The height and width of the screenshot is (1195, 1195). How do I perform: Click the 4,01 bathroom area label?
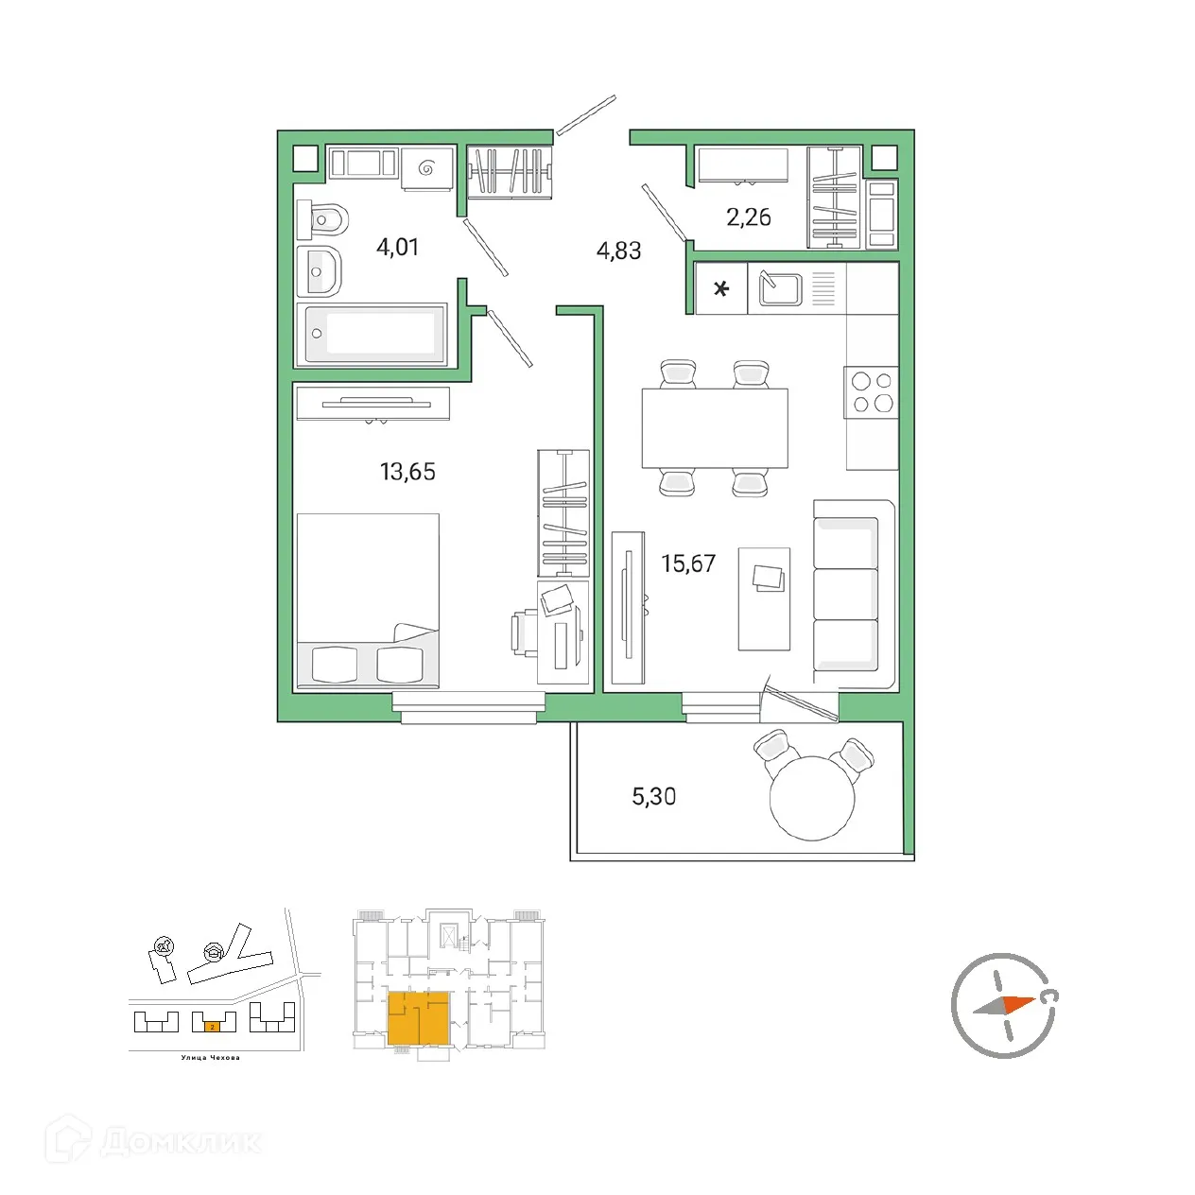(397, 248)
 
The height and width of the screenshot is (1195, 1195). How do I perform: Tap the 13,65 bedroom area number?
(407, 472)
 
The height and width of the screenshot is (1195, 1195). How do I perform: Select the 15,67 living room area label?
(688, 564)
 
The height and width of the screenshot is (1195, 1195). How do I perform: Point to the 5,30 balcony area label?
(653, 797)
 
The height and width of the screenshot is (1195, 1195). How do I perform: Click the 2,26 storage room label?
(748, 217)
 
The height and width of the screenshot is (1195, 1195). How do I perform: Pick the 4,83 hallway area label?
(618, 251)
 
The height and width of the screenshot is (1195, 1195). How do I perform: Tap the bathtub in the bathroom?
(372, 334)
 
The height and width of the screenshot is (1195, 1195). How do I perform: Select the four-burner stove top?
(872, 392)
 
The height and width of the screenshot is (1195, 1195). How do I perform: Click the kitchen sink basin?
(781, 288)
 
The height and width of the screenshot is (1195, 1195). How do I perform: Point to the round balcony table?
(811, 799)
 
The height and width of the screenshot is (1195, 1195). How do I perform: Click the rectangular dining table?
(715, 428)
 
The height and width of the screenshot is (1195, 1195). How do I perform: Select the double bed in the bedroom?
(368, 599)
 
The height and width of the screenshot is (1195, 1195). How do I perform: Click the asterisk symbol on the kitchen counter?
(721, 289)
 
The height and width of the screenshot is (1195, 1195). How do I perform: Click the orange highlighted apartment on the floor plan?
(418, 1018)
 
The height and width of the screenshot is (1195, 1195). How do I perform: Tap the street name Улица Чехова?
(210, 1058)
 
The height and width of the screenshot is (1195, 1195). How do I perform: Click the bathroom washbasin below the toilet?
(320, 272)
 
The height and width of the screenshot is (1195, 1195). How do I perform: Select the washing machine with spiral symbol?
(425, 169)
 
